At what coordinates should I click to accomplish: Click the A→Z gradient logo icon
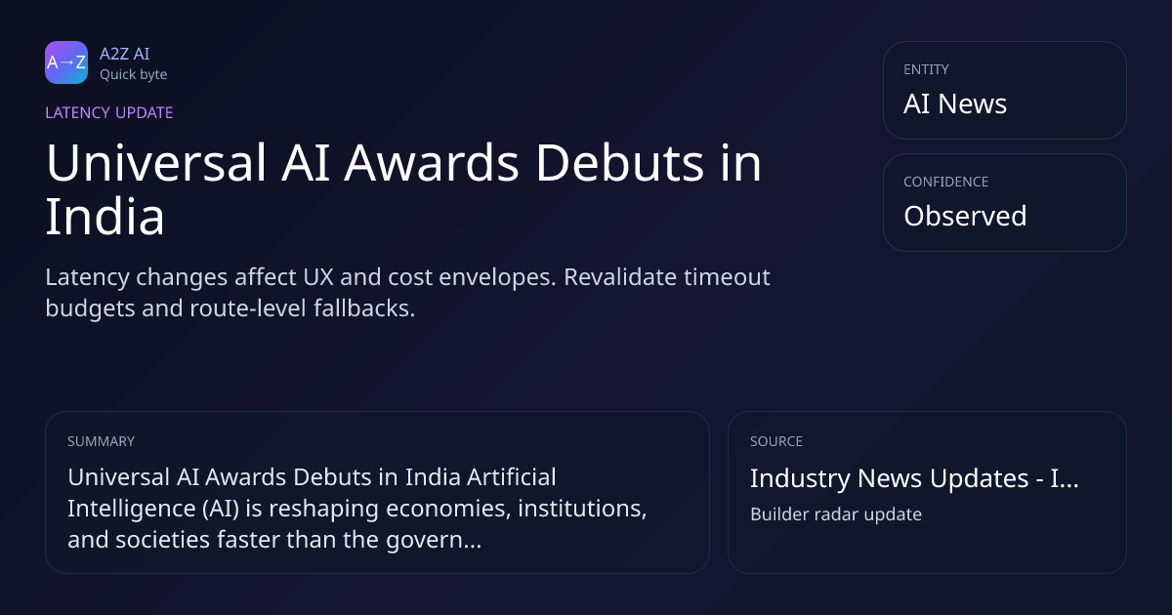[x=66, y=62]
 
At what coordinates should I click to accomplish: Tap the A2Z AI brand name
[x=125, y=54]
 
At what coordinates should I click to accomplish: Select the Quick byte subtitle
[x=134, y=75]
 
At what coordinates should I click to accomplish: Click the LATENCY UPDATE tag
[x=108, y=112]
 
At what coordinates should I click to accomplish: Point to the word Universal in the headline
[x=156, y=163]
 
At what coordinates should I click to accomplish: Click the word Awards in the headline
[x=431, y=163]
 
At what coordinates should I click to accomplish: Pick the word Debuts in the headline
[x=620, y=163]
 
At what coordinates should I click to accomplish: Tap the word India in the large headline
[x=105, y=217]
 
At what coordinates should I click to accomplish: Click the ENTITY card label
[x=926, y=69]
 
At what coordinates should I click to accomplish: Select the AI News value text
[x=955, y=103]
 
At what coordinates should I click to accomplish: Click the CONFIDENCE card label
[x=946, y=182]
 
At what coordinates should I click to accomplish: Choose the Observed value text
[x=965, y=216]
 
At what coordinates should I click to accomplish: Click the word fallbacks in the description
[x=364, y=308]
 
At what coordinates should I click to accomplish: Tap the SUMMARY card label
[x=101, y=441]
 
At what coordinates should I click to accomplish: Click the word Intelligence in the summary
[x=131, y=509]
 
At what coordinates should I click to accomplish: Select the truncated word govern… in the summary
[x=434, y=540]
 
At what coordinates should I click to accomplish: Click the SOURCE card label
[x=776, y=441]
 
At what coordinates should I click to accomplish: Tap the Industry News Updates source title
[x=914, y=478]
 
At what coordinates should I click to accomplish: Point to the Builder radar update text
[x=836, y=514]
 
